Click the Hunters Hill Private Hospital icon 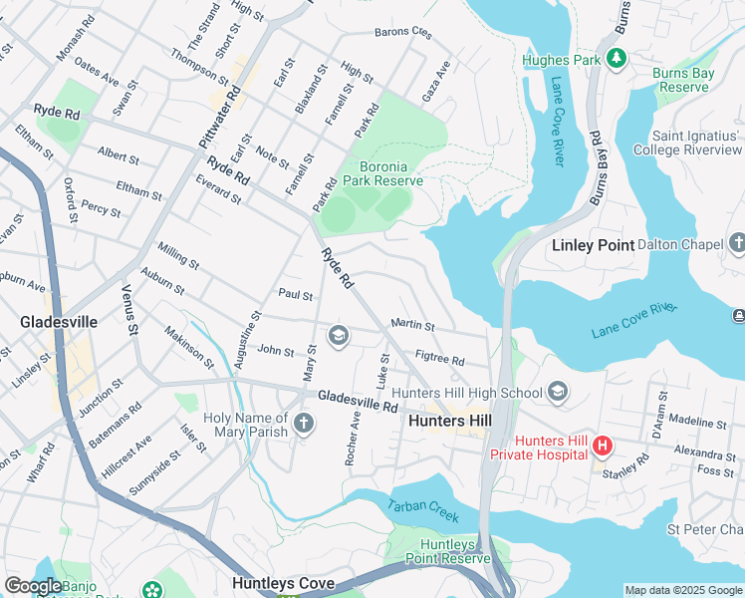click(x=602, y=445)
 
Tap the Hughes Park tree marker click(x=617, y=60)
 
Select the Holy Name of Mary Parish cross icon click(x=304, y=426)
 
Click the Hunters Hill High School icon click(x=558, y=392)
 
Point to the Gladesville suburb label click(x=59, y=322)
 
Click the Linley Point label click(x=594, y=245)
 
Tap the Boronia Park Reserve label click(x=383, y=173)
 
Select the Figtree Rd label click(x=439, y=358)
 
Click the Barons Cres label click(x=402, y=32)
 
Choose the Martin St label click(x=412, y=325)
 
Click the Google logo click(x=33, y=586)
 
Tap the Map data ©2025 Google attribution click(x=682, y=590)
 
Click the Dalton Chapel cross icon click(x=737, y=242)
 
